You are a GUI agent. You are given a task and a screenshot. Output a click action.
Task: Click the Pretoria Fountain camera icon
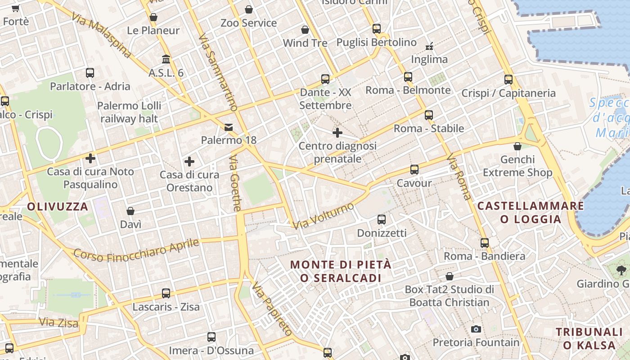[476, 329]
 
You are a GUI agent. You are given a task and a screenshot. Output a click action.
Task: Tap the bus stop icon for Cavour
[414, 170]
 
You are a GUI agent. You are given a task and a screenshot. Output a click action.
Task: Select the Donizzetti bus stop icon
[381, 220]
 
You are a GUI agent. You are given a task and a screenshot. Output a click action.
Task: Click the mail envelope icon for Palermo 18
[229, 127]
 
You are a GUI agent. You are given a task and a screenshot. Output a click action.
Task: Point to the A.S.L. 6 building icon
[166, 59]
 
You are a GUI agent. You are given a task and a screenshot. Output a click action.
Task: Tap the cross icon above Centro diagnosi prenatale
[337, 133]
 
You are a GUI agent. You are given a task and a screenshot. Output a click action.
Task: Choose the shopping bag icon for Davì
[130, 211]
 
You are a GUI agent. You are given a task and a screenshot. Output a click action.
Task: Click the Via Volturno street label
[324, 216]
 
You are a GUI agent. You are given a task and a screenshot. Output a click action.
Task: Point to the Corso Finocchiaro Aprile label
[136, 250]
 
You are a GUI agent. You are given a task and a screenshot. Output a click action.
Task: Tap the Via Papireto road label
[272, 309]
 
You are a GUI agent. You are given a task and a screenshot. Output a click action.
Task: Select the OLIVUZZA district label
[58, 207]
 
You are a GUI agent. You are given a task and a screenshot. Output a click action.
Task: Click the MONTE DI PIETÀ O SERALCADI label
[341, 271]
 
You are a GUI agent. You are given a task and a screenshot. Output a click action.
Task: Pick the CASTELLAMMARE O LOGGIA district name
[531, 212]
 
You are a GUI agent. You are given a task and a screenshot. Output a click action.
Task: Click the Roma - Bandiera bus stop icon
[484, 243]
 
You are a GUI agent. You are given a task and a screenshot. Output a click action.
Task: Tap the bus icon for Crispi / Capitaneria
[508, 80]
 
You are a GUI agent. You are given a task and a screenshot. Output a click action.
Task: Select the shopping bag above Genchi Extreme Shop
[517, 146]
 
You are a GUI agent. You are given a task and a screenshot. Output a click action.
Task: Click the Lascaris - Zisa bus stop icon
[166, 293]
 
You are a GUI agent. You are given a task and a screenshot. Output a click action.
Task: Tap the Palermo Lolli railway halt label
[129, 112]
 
